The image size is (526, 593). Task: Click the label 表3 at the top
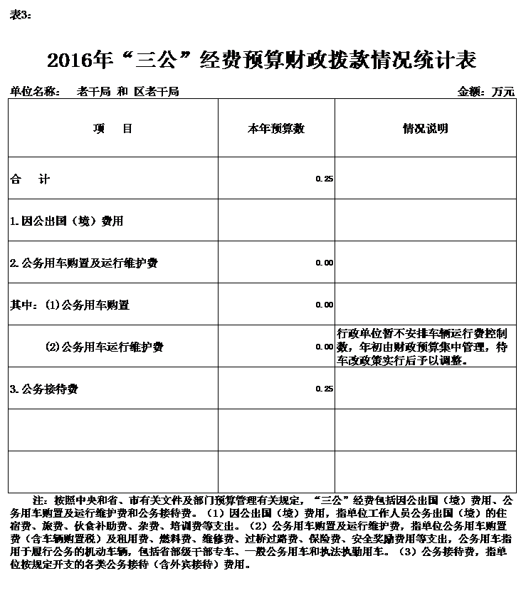[20, 15]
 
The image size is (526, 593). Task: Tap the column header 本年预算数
[275, 129]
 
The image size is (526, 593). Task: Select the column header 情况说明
[425, 129]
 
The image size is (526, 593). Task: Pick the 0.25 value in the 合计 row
[324, 179]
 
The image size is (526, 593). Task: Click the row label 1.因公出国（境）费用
[66, 221]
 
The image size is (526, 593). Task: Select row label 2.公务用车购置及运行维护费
[84, 263]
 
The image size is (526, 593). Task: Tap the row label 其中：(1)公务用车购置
[70, 305]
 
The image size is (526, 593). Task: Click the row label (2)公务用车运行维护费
[105, 347]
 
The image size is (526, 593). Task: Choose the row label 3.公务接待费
[44, 389]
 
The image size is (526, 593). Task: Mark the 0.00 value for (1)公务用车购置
[324, 305]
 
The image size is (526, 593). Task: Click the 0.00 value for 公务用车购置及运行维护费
[324, 263]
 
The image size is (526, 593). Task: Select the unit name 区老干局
[157, 92]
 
